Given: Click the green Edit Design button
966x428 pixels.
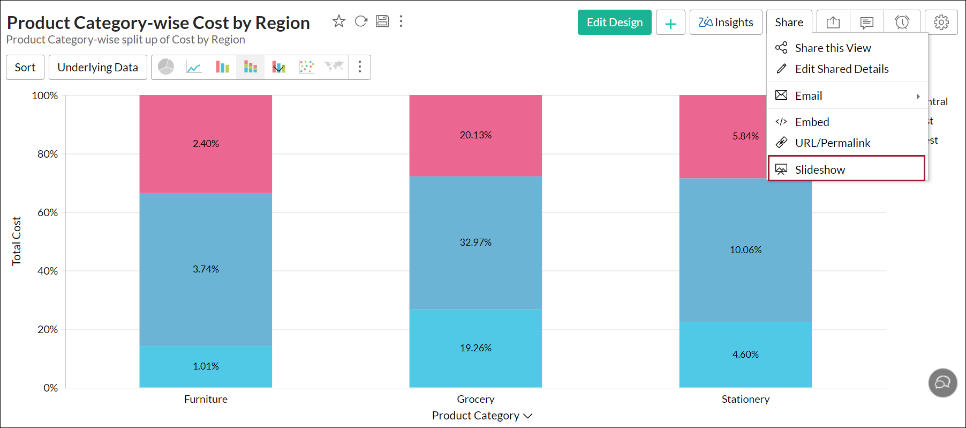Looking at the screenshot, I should click(614, 23).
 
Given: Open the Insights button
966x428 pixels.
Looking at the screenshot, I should click(726, 23).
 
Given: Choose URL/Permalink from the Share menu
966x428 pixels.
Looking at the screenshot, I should click(832, 143).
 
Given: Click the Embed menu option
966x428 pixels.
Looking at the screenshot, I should click(812, 122).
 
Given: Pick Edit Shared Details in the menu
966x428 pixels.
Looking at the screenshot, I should click(841, 69).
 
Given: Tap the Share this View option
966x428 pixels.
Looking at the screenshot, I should click(833, 48).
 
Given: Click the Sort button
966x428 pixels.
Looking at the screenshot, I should click(25, 68).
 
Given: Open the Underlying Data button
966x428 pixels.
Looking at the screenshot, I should click(97, 68).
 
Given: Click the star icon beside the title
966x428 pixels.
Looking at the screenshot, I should click(339, 21).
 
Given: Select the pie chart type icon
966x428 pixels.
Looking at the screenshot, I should click(166, 67).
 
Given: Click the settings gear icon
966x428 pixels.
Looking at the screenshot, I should click(941, 23).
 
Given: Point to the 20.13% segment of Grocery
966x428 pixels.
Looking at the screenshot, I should click(476, 135).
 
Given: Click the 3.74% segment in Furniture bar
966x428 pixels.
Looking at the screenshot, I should click(206, 269).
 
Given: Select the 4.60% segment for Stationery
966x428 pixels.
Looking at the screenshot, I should click(745, 355).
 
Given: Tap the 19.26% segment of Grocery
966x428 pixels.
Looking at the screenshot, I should click(476, 348).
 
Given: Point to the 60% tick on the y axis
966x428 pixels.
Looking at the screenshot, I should click(48, 212).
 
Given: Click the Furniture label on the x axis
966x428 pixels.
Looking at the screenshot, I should click(206, 399).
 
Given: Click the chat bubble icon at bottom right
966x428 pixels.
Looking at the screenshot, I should click(942, 383).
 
